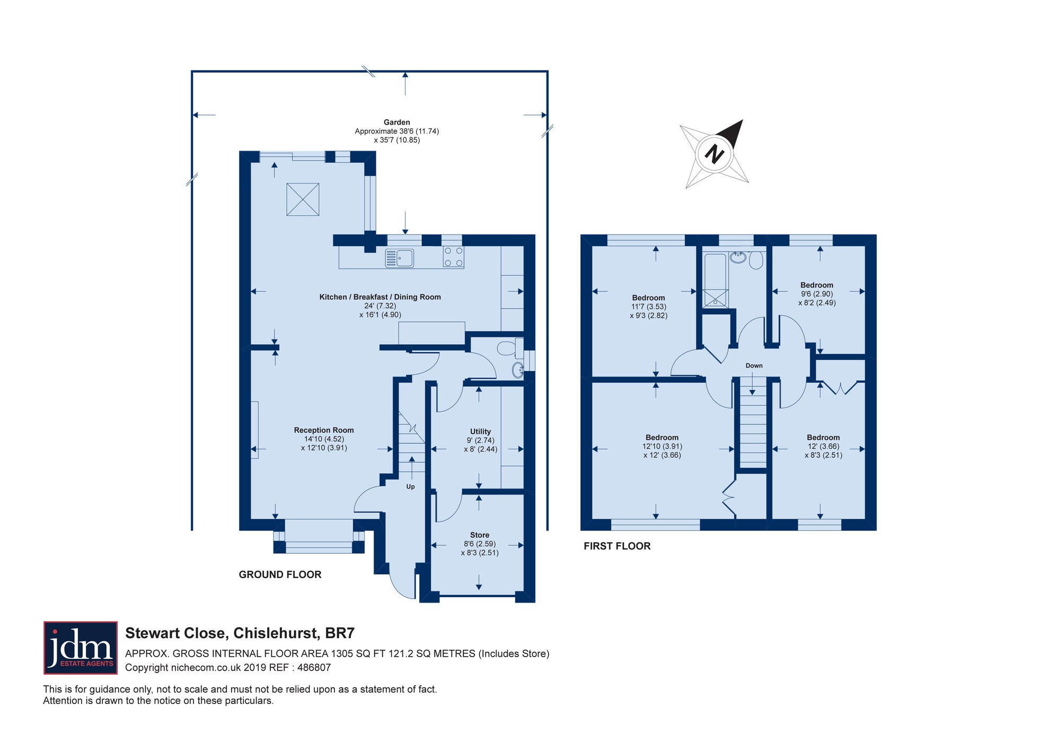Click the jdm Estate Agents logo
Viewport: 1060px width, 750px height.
(81, 648)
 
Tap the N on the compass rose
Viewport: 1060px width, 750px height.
(714, 154)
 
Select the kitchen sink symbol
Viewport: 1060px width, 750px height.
(400, 258)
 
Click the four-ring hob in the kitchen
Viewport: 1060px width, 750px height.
(454, 257)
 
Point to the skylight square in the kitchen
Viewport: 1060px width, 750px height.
(303, 199)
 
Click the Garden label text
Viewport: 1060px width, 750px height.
(397, 122)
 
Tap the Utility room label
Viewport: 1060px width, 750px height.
(481, 432)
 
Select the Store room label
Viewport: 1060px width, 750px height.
(480, 535)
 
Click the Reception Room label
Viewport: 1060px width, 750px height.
(324, 430)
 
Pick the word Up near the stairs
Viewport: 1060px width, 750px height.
(411, 487)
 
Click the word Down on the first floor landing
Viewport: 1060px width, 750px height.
(754, 365)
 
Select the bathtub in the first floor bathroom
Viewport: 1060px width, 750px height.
(715, 280)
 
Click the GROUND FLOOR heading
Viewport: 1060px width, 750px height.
(280, 574)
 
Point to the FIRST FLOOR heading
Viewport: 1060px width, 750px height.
(617, 546)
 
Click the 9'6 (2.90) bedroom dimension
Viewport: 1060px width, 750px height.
(817, 294)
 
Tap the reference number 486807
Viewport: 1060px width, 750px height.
(315, 668)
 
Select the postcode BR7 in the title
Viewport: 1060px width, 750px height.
(340, 633)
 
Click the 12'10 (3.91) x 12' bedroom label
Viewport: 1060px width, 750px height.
(662, 447)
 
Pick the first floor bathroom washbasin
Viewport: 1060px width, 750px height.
(737, 258)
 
